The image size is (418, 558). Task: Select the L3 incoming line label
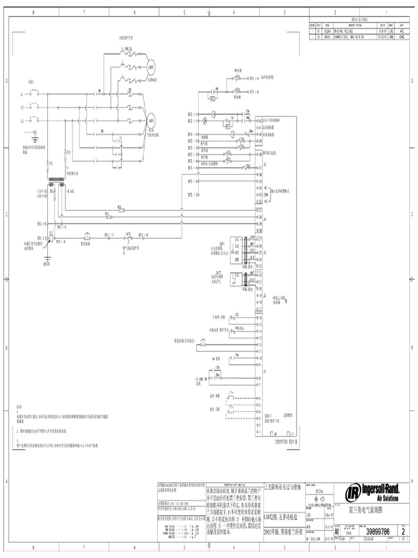click(x=23, y=120)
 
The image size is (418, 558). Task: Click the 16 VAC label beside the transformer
click(x=69, y=192)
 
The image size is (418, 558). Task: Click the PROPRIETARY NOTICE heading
click(x=235, y=484)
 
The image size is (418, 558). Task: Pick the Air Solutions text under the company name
click(x=387, y=499)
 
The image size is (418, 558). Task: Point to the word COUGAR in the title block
click(x=372, y=540)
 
